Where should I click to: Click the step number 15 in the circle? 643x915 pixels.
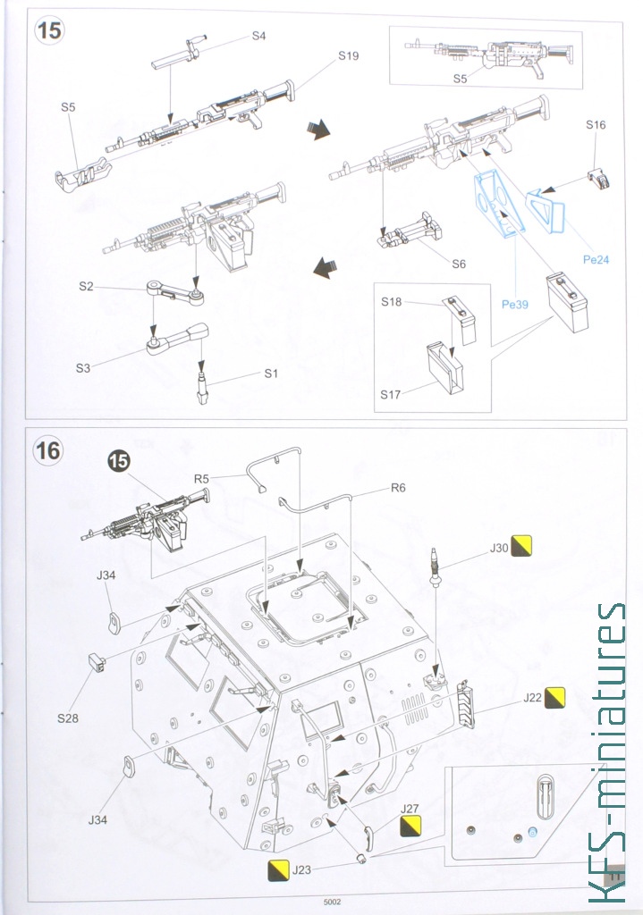(49, 29)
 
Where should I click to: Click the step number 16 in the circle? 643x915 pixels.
(48, 450)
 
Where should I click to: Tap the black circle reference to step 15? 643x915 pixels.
(118, 462)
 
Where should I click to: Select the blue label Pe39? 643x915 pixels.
(514, 304)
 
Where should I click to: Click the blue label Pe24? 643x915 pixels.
(596, 260)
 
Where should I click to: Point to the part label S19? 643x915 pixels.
(348, 55)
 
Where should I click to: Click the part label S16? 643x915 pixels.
(596, 124)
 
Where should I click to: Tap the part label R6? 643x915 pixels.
(398, 487)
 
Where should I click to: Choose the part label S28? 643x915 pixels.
(68, 718)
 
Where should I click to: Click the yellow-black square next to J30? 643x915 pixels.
(521, 546)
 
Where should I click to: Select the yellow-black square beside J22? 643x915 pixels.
(554, 697)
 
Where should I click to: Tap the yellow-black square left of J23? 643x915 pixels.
(277, 870)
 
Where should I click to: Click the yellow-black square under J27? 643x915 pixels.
(410, 826)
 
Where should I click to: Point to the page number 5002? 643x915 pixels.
(332, 902)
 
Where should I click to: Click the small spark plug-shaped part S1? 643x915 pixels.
(202, 388)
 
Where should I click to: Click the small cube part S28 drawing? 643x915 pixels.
(96, 664)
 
